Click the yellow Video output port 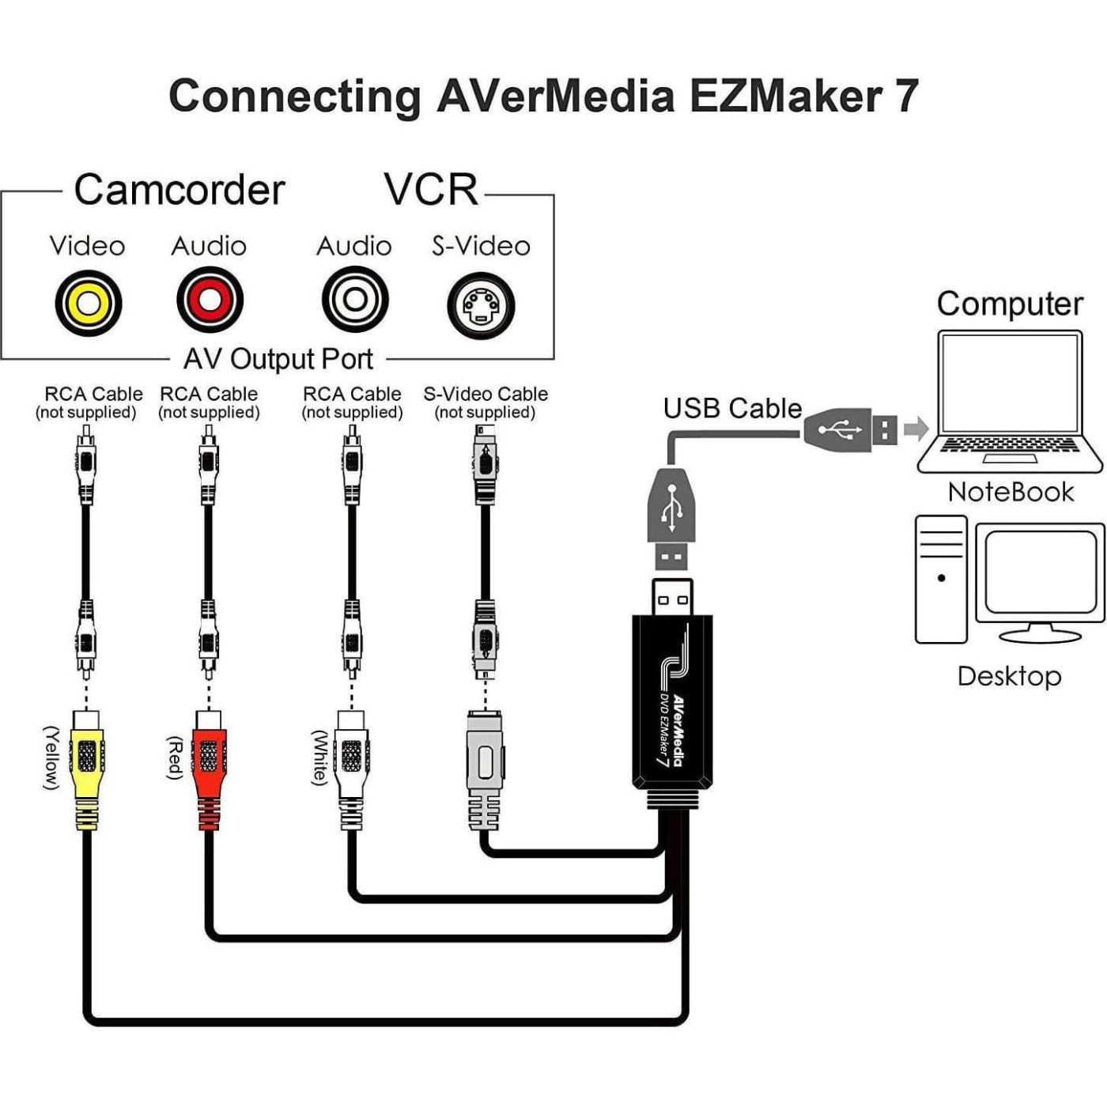click(88, 303)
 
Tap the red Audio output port click(210, 300)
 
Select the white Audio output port click(355, 300)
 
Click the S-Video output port click(481, 305)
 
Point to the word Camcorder click(179, 190)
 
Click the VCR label click(431, 190)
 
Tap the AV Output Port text click(278, 359)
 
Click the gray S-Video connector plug click(485, 763)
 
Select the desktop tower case click(941, 579)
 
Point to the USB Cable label click(732, 408)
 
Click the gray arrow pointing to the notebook click(916, 429)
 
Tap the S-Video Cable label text click(485, 394)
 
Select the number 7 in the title click(906, 96)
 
